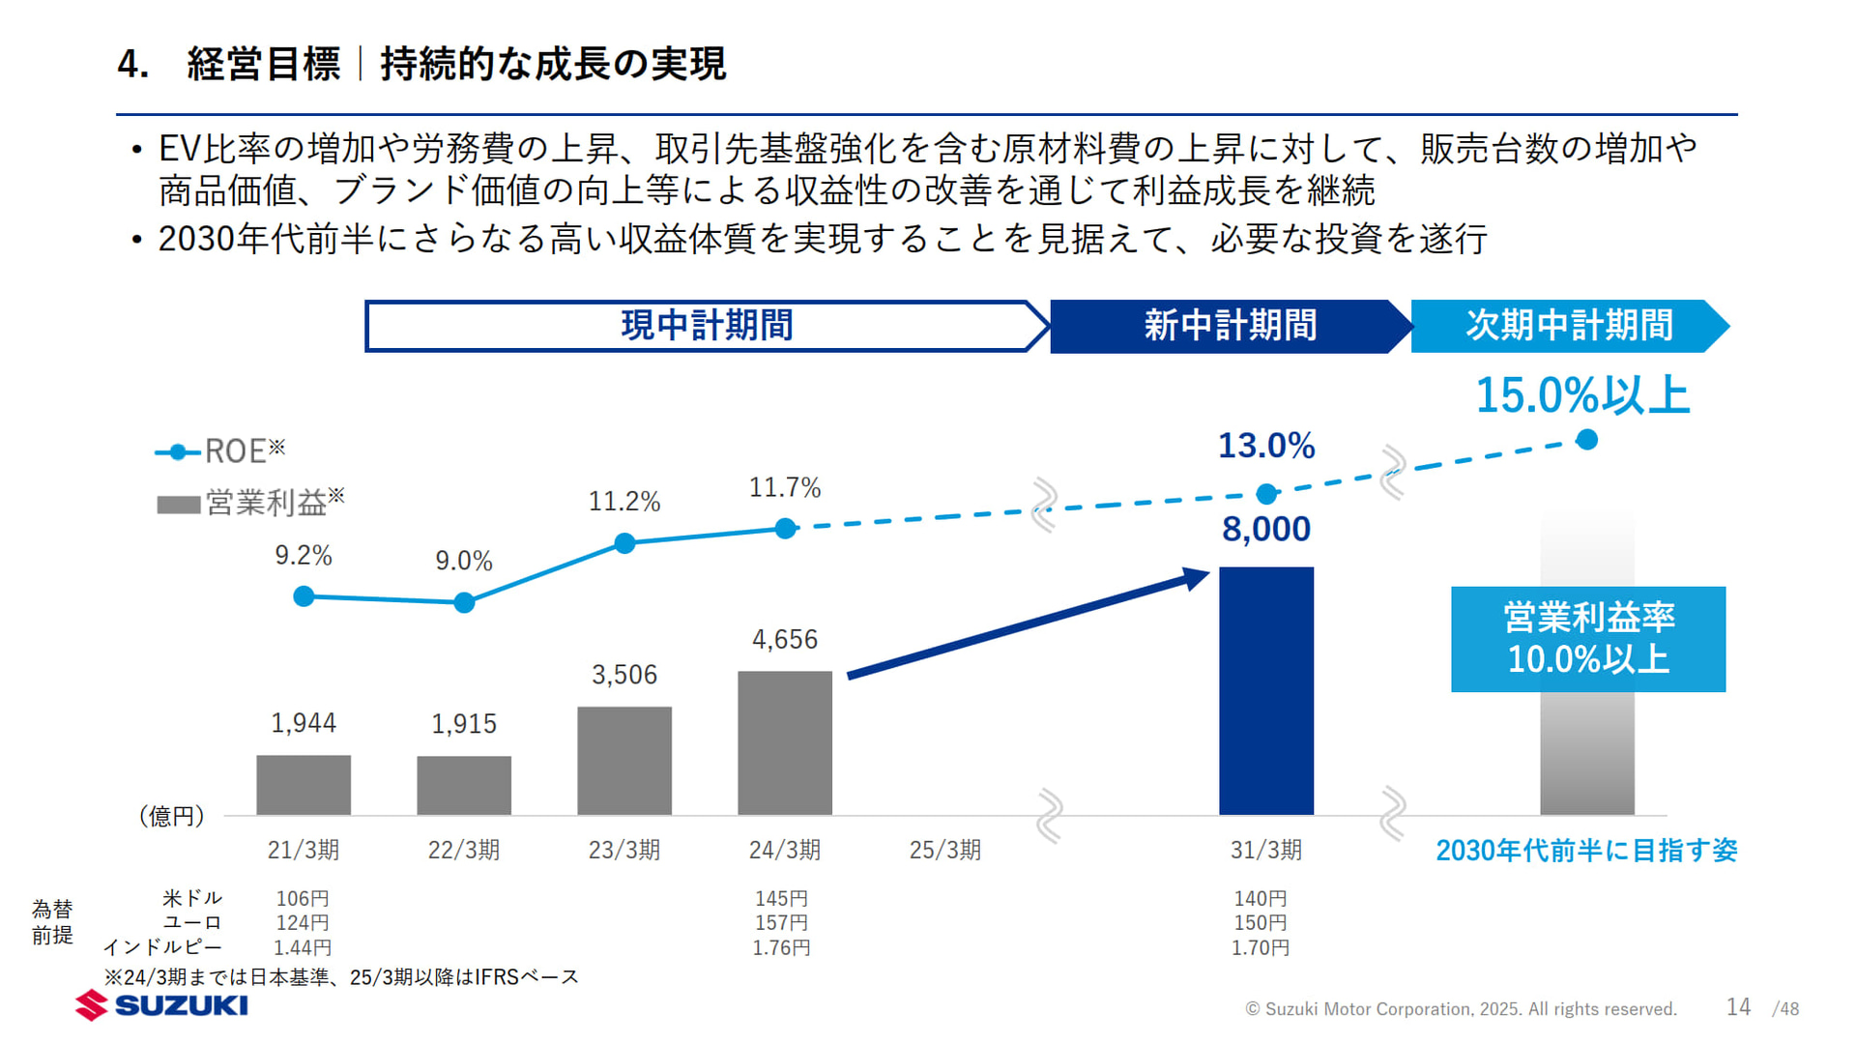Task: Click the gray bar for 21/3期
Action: click(304, 785)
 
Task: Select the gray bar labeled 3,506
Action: click(624, 761)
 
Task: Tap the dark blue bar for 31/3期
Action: click(1265, 690)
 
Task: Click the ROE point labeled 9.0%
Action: click(464, 603)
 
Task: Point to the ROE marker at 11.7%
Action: click(786, 529)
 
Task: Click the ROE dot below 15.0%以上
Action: click(1586, 441)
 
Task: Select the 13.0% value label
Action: click(1265, 446)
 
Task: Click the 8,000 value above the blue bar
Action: click(1265, 529)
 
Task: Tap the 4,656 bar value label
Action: click(784, 639)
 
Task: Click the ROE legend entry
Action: click(221, 451)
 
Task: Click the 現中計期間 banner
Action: click(706, 326)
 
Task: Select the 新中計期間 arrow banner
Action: click(1229, 326)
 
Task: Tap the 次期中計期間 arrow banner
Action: click(1568, 326)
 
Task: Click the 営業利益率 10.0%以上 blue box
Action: click(1587, 639)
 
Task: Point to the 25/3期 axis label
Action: click(944, 850)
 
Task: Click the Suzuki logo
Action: click(162, 1005)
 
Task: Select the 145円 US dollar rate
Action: click(781, 898)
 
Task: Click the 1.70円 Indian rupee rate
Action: click(1260, 948)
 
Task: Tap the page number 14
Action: click(1738, 1007)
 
